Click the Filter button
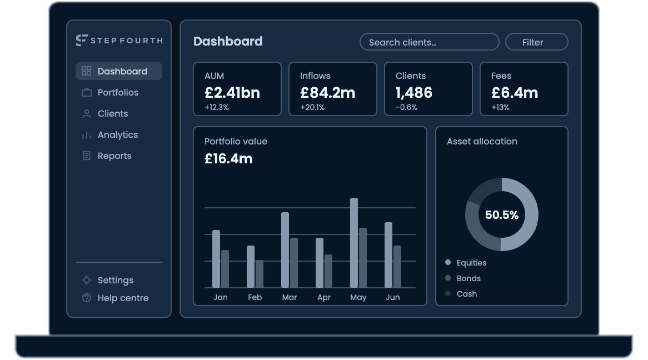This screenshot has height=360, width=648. click(x=536, y=42)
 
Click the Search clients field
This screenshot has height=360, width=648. click(x=430, y=42)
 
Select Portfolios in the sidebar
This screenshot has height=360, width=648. click(x=118, y=92)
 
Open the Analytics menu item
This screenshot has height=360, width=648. click(x=118, y=135)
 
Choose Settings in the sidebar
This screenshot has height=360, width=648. click(x=115, y=280)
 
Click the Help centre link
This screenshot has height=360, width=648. click(x=123, y=298)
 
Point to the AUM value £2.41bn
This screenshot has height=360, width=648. click(x=232, y=93)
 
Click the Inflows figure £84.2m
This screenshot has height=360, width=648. click(x=328, y=93)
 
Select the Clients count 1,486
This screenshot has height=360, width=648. click(x=413, y=93)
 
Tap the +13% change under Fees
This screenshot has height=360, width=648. click(x=500, y=107)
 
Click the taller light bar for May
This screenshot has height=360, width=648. click(x=354, y=243)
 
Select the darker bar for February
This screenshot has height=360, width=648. click(x=259, y=274)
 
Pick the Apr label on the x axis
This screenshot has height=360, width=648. click(x=323, y=298)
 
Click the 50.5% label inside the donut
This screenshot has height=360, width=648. click(x=502, y=215)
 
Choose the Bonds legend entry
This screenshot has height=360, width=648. click(x=468, y=278)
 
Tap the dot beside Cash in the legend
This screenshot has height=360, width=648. click(x=447, y=293)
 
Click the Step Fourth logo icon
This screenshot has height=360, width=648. click(x=81, y=40)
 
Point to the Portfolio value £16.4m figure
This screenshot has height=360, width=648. click(x=228, y=159)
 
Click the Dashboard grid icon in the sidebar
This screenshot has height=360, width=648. click(x=86, y=71)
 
